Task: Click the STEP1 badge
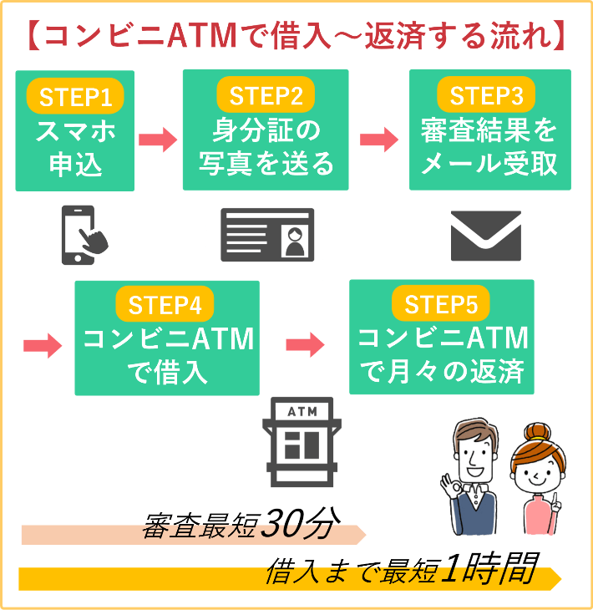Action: tap(75, 98)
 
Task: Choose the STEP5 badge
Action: tap(440, 305)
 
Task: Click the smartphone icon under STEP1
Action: tap(84, 236)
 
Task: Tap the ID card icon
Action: tap(267, 236)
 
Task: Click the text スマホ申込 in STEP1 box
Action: tap(75, 147)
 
